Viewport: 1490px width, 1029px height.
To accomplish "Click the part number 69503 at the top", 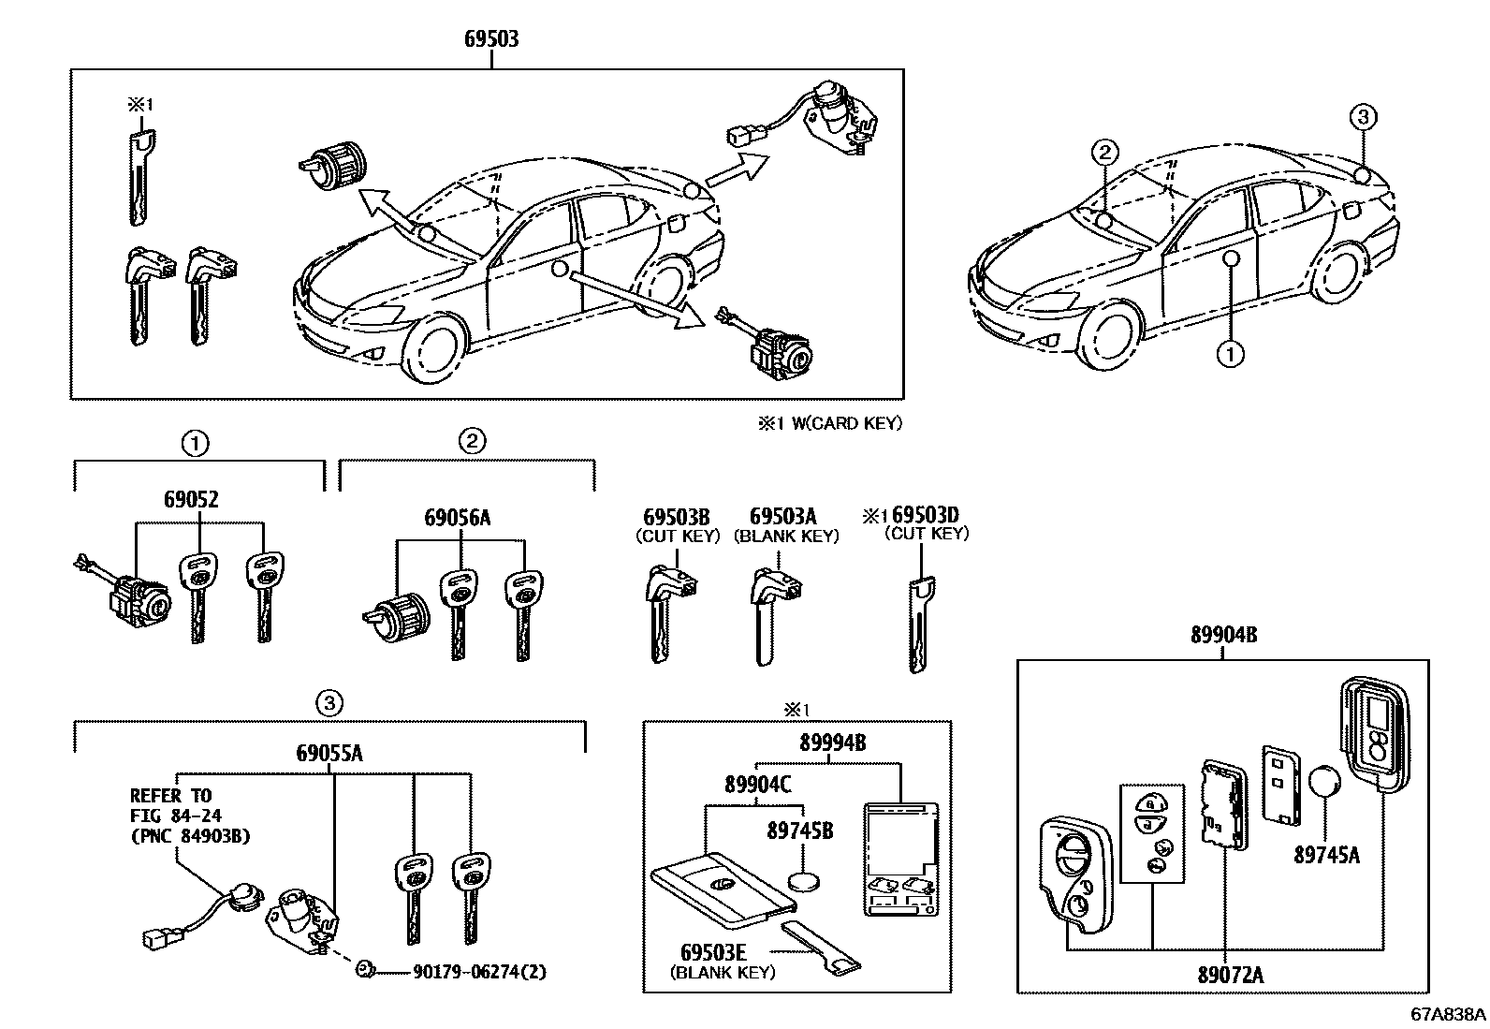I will coord(491,39).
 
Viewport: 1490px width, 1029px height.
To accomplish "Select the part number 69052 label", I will coord(191,499).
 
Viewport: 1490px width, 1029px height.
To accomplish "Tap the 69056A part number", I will coord(457,518).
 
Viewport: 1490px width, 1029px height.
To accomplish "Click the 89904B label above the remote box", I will coord(1223,636).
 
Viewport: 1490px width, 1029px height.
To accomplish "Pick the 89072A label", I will coord(1230,975).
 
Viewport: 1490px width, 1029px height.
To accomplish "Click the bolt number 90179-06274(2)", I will coord(479,972).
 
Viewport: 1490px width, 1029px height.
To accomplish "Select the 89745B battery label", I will coord(800,830).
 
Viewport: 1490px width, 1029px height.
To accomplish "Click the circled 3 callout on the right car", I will coord(1363,118).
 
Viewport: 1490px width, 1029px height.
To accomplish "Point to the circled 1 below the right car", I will coord(1230,354).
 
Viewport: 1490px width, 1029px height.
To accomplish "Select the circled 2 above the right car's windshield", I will coord(1104,152).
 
